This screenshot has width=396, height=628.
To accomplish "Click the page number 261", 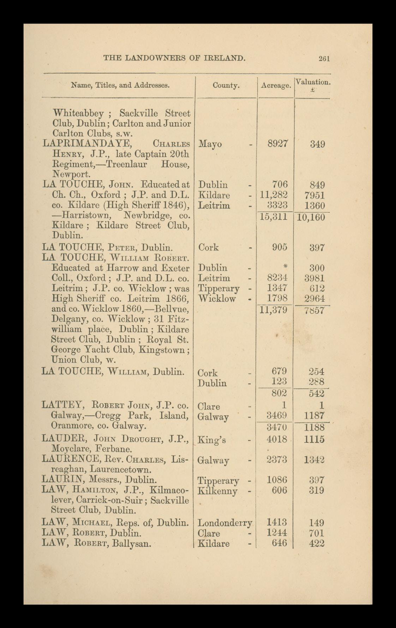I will click(x=324, y=59).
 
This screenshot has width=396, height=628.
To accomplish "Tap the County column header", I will click(x=226, y=85).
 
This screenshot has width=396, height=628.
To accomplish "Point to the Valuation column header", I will click(x=313, y=82).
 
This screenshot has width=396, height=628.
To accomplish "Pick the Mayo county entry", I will click(x=210, y=144).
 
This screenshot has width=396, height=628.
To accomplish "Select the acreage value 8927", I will click(x=278, y=144).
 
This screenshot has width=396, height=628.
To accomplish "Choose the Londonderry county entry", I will click(x=225, y=523).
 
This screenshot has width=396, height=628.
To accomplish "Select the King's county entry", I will click(x=212, y=440).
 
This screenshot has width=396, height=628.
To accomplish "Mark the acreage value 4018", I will click(x=278, y=439).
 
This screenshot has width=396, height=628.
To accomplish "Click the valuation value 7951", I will click(x=314, y=195).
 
